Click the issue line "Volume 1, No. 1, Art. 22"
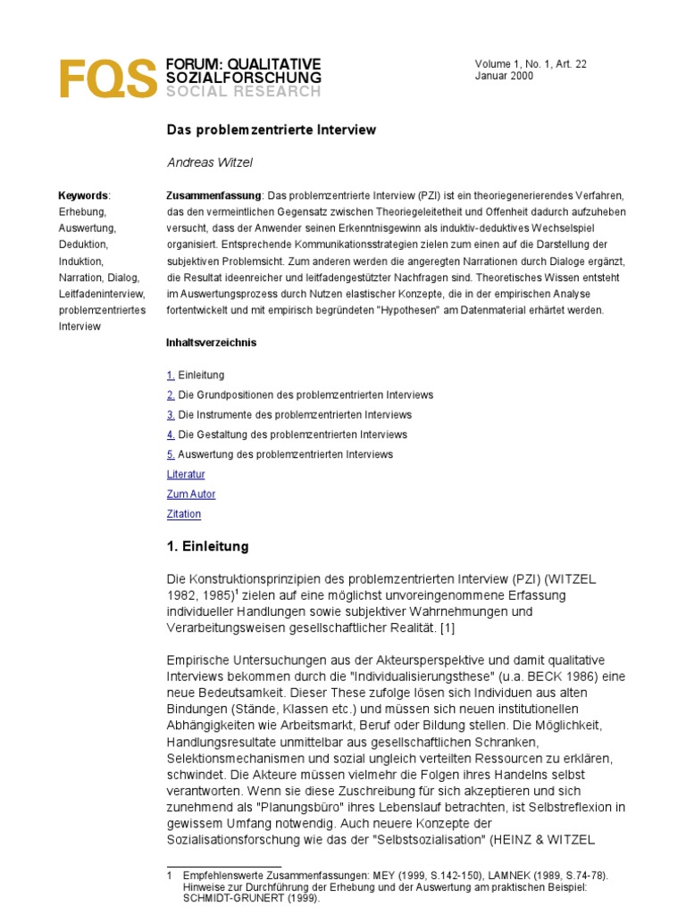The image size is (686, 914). pyautogui.click(x=531, y=64)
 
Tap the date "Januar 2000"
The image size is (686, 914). pyautogui.click(x=505, y=77)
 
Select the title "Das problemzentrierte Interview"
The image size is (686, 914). pyautogui.click(x=272, y=130)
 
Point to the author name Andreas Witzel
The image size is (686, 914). pyautogui.click(x=210, y=163)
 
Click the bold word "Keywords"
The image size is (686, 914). pyautogui.click(x=82, y=195)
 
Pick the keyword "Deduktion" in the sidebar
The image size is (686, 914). pyautogui.click(x=83, y=245)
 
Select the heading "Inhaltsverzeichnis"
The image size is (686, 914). pyautogui.click(x=211, y=343)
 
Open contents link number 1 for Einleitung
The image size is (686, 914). pyautogui.click(x=171, y=375)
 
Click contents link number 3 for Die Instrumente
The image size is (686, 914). pyautogui.click(x=171, y=415)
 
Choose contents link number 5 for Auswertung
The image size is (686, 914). pyautogui.click(x=171, y=454)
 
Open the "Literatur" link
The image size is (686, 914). pyautogui.click(x=186, y=474)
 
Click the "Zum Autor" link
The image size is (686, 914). pyautogui.click(x=191, y=494)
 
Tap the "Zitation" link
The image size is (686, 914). pyautogui.click(x=184, y=514)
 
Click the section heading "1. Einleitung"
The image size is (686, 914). pyautogui.click(x=208, y=546)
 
